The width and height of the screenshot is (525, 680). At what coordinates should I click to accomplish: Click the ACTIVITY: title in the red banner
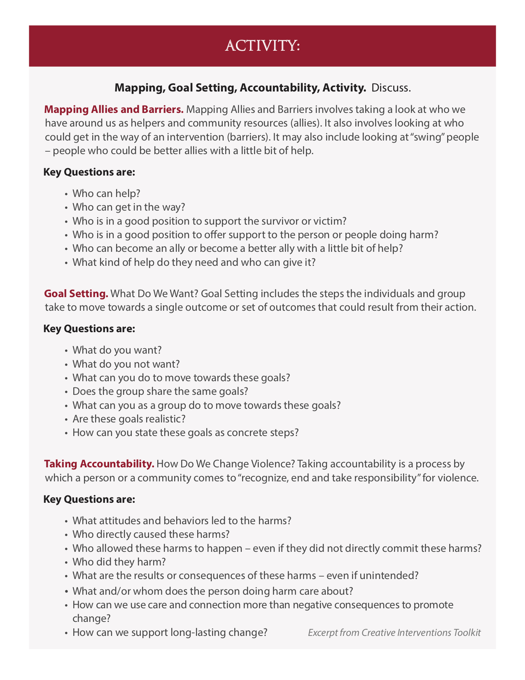click(262, 46)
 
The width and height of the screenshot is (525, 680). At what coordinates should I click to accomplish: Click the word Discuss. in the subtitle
click(391, 88)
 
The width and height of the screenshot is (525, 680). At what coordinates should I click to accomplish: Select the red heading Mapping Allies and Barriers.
click(114, 110)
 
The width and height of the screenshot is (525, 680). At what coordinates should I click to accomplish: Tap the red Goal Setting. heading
click(76, 294)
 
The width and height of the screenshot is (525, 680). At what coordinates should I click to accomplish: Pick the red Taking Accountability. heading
click(99, 464)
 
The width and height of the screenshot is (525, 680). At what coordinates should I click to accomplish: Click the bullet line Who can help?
click(106, 193)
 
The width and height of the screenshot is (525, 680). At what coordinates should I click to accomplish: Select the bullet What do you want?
click(117, 350)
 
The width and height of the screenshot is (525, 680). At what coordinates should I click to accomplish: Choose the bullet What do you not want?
click(126, 364)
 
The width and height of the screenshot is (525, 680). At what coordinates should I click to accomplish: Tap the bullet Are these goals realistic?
click(129, 419)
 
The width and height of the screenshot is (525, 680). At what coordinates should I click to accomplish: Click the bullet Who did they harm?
click(119, 562)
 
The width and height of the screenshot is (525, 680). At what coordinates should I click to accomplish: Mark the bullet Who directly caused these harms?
click(151, 535)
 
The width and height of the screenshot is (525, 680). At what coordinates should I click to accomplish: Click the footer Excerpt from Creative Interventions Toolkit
click(394, 633)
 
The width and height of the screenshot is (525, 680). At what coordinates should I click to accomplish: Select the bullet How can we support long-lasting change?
click(170, 633)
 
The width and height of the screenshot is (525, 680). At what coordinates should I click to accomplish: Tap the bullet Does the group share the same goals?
click(160, 392)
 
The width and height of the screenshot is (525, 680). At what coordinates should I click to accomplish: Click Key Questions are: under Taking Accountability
click(89, 499)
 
